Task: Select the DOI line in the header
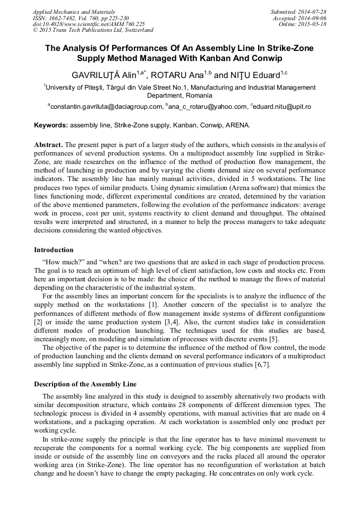pyautogui.click(x=89, y=24)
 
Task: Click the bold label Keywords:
pyautogui.click(x=51, y=125)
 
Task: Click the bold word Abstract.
pyautogui.click(x=48, y=144)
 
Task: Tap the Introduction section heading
pyautogui.click(x=54, y=249)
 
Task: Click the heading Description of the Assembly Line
pyautogui.click(x=85, y=384)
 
